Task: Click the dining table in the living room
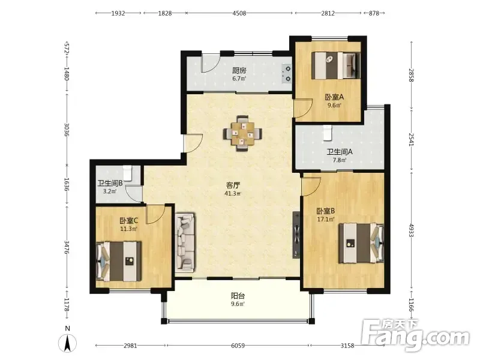coord(242,133)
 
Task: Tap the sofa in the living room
coord(185,242)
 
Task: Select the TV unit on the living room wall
coord(296,235)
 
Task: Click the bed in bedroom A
coord(335,65)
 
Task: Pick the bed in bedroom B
coord(361,243)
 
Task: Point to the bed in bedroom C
coord(119,261)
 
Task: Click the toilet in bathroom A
coord(327,133)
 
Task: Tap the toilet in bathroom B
coord(127,173)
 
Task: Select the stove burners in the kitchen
coord(287,74)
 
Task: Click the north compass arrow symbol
coord(68,343)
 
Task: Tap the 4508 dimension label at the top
coord(239,13)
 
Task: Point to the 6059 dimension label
coord(238,346)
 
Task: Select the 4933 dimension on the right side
coord(411,230)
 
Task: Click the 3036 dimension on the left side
coord(67,130)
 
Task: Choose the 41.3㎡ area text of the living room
coord(233,193)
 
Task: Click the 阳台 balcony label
coord(238,296)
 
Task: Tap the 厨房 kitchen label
coord(239,70)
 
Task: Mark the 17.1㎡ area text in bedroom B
coord(326,219)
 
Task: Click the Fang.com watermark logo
coord(415,335)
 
